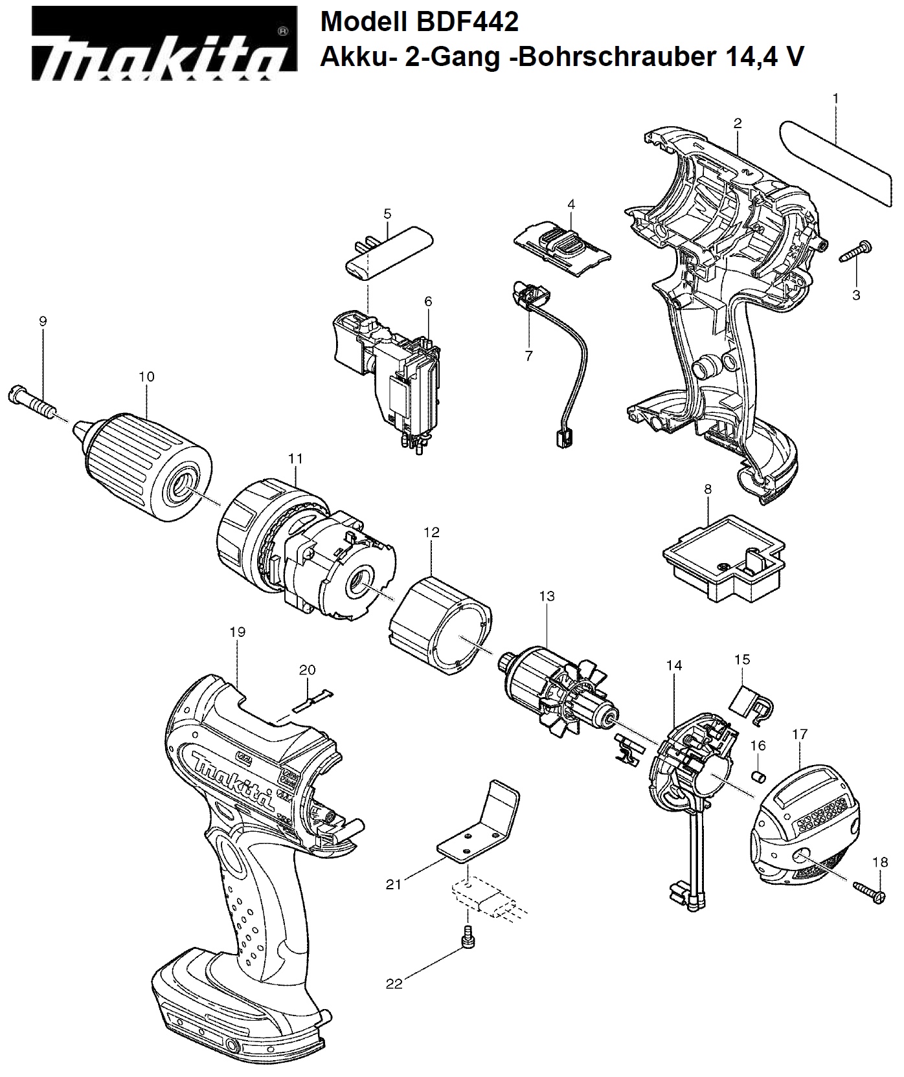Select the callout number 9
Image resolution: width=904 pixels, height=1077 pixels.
43,321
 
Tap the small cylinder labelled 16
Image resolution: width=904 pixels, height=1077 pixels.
758,775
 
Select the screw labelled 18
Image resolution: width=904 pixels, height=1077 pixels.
869,891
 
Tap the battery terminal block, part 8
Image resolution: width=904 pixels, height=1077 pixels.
725,557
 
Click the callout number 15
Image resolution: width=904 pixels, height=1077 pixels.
742,660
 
